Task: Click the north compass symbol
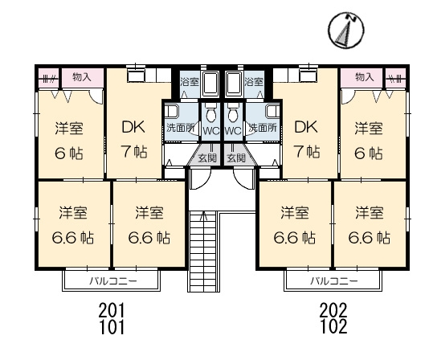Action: click(346, 30)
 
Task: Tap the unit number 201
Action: click(112, 310)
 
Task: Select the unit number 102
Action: click(333, 326)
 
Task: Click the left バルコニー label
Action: click(113, 281)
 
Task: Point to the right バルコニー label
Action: click(334, 281)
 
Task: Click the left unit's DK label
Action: click(133, 128)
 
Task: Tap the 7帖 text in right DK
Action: click(308, 152)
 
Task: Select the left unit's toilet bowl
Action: click(211, 114)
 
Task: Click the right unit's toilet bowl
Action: click(233, 114)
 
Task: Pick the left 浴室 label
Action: click(190, 82)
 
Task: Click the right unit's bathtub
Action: click(235, 83)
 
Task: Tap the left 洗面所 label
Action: click(181, 128)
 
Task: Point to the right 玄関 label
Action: click(236, 158)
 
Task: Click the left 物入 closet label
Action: click(82, 77)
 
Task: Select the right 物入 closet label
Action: click(364, 77)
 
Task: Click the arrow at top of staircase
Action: click(204, 215)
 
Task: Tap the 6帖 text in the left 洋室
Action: click(69, 153)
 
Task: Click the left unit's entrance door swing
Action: click(201, 179)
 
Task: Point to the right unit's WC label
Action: click(232, 131)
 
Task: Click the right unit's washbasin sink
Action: click(272, 112)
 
